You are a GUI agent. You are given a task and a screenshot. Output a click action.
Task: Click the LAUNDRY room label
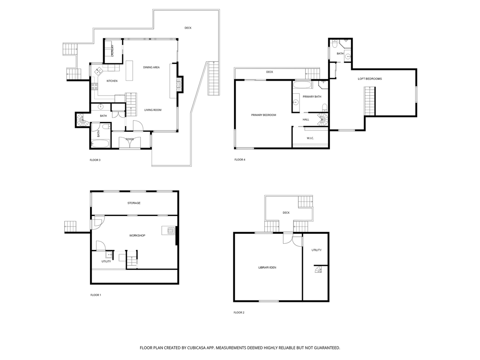[112, 51]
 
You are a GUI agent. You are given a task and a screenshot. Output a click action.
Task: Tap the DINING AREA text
[151, 67]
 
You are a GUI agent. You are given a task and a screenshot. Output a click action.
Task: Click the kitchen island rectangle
[130, 71]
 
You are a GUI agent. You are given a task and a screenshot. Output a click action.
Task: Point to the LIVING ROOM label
[153, 110]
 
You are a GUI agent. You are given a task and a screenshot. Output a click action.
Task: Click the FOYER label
[130, 139]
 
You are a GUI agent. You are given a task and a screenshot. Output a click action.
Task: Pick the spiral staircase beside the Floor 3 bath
[82, 120]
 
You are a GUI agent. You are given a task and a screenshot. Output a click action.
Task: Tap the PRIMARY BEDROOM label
[263, 115]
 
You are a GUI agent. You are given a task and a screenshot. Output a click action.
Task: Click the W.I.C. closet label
[310, 138]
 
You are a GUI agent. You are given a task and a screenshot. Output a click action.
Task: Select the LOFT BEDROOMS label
[370, 79]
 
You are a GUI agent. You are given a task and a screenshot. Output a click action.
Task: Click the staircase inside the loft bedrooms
[369, 101]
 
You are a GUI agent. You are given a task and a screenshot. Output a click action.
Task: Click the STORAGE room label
[134, 203]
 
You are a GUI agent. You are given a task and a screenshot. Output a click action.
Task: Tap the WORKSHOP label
[137, 235]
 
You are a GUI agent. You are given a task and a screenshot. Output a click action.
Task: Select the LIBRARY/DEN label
[267, 268]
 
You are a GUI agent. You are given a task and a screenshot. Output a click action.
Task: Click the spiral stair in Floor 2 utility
[319, 270]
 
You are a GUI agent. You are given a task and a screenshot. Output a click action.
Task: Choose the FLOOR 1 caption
[96, 295]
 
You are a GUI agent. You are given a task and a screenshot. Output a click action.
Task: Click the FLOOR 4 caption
[240, 159]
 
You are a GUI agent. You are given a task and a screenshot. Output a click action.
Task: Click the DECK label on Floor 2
[286, 213]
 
